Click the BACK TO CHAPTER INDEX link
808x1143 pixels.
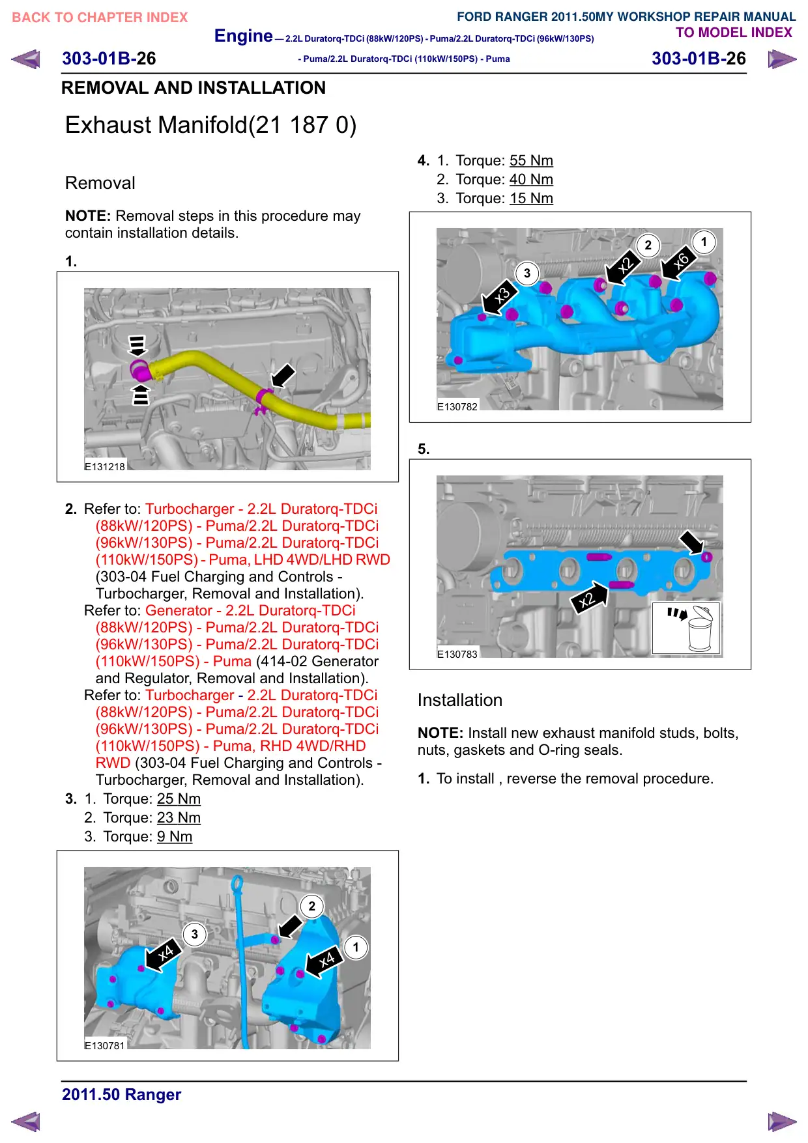100,18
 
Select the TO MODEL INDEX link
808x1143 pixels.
734,33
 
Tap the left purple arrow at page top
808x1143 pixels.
26,59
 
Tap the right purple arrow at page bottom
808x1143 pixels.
782,1122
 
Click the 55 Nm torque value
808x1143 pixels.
531,161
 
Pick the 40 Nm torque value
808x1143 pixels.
531,180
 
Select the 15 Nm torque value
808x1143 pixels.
531,199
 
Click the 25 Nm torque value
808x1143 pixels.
179,799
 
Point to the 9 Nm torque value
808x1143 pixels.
175,837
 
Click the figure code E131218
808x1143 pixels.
105,466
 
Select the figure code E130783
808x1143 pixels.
457,654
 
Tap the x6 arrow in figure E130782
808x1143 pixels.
679,264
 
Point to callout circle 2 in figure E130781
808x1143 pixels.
312,906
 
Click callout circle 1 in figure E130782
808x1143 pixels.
704,242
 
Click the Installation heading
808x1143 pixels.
460,700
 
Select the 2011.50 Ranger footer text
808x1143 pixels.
122,1095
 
